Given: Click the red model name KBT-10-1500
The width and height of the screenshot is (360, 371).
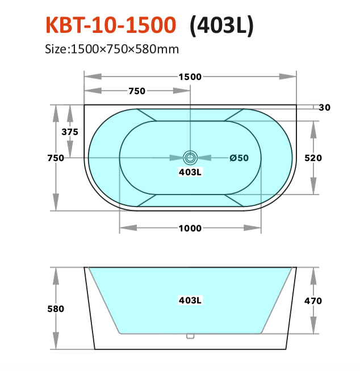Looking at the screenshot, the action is click(111, 25).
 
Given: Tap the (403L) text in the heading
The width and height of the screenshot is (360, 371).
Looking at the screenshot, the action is click(221, 26).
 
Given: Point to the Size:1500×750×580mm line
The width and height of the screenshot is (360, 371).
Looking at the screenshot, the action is click(112, 49).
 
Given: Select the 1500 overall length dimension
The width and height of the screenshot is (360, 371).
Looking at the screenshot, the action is click(190, 77).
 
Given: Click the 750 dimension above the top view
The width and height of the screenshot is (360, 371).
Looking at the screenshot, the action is click(137, 91).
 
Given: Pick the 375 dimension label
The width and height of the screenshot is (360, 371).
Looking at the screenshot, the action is click(70, 132).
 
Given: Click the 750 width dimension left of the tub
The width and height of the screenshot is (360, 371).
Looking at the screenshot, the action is click(56, 158).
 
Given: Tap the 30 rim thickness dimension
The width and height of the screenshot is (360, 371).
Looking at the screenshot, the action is click(324, 107).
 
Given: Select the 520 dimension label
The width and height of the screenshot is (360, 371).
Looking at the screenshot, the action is click(313, 158).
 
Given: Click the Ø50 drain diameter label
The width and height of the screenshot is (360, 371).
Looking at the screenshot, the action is click(239, 158).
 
